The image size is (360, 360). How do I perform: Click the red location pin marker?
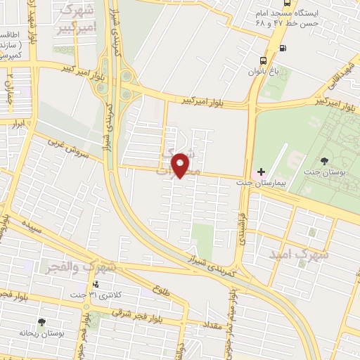pyautogui.click(x=181, y=164)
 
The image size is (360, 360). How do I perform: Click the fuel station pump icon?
pyautogui.click(x=283, y=48)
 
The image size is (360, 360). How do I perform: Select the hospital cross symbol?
pyautogui.click(x=261, y=172)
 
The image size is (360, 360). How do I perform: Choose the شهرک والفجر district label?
pyautogui.click(x=80, y=267)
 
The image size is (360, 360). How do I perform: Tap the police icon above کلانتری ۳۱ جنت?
pyautogui.click(x=96, y=284)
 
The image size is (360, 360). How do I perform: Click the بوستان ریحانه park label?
pyautogui.click(x=41, y=333)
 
